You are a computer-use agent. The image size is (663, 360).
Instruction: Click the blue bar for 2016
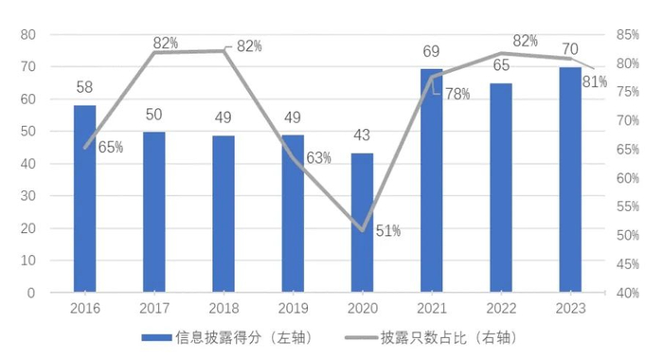click(x=85, y=198)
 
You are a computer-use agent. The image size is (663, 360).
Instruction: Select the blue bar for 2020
click(x=363, y=223)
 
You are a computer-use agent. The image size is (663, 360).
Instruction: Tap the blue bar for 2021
click(x=432, y=180)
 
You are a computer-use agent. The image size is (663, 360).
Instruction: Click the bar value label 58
click(x=84, y=87)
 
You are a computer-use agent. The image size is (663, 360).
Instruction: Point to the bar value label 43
click(x=363, y=135)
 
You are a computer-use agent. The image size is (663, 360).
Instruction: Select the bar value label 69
click(x=432, y=50)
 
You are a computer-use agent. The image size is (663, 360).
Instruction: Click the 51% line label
click(x=388, y=230)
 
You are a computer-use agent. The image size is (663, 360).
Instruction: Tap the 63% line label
click(x=318, y=158)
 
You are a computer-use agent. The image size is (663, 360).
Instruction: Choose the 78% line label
click(x=457, y=93)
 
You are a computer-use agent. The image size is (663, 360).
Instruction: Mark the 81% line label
click(x=595, y=81)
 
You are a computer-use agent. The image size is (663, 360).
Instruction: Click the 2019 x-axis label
click(x=293, y=309)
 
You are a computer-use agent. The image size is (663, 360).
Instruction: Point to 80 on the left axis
click(x=27, y=35)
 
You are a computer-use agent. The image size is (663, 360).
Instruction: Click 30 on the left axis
click(x=27, y=196)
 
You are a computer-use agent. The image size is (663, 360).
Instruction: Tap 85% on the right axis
click(x=627, y=35)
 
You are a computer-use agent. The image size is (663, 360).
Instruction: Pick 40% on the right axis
click(x=627, y=293)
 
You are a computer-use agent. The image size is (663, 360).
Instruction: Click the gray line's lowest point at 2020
click(x=363, y=230)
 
